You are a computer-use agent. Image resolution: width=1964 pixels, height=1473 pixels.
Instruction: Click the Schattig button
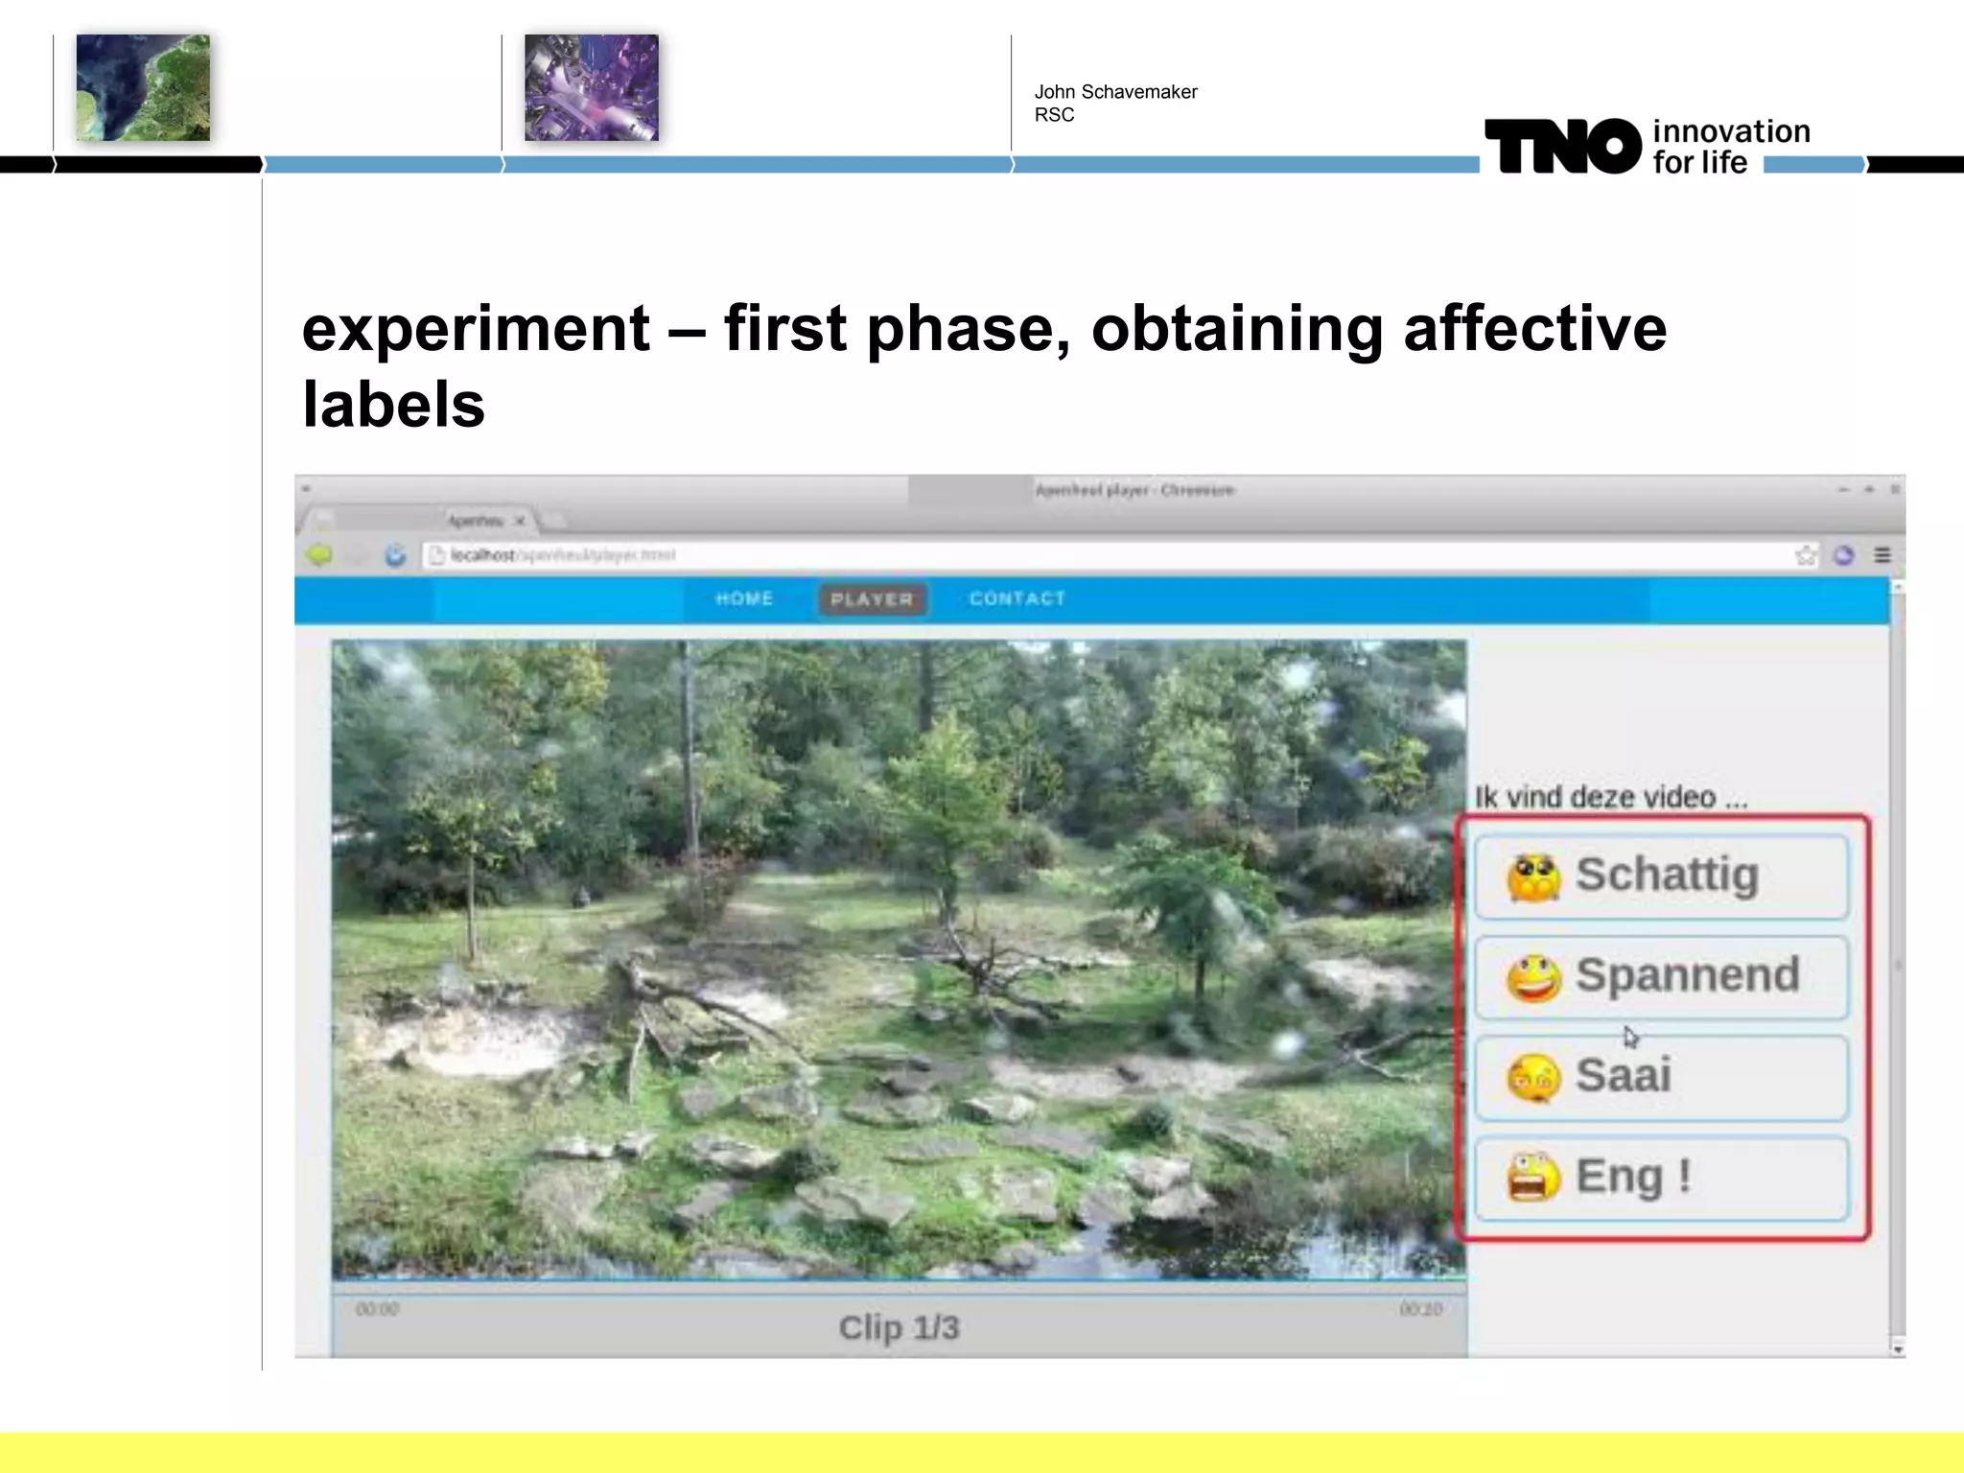click(x=1661, y=877)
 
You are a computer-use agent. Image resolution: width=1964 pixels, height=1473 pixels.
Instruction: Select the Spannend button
click(x=1661, y=976)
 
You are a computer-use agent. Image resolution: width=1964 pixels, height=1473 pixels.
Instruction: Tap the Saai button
click(x=1661, y=1076)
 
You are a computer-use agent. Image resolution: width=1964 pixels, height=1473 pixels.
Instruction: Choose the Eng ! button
click(x=1661, y=1177)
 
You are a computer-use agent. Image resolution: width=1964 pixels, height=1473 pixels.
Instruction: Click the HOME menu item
click(x=744, y=599)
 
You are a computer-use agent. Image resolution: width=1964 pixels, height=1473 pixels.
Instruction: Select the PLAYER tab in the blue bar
click(x=872, y=599)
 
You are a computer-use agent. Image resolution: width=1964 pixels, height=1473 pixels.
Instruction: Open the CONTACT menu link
click(x=1017, y=599)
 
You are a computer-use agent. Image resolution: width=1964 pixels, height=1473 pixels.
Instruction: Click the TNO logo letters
click(x=1563, y=147)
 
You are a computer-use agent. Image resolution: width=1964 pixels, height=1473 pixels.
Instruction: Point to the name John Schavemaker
click(x=1115, y=92)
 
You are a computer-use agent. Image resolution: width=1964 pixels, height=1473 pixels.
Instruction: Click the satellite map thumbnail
click(x=143, y=88)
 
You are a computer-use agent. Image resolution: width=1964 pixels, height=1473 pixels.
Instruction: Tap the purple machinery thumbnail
click(x=591, y=88)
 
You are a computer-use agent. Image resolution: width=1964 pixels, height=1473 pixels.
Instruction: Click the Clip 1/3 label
click(x=899, y=1328)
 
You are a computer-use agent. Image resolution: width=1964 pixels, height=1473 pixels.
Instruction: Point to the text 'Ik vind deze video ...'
click(x=1610, y=797)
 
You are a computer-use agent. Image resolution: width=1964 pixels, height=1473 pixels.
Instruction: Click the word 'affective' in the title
click(x=1534, y=329)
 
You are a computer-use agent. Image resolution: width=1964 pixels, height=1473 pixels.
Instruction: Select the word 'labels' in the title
click(x=393, y=405)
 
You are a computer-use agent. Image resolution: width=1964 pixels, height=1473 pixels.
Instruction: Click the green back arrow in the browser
click(x=319, y=555)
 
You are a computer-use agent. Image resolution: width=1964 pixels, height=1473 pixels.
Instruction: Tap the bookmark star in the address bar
click(x=1806, y=555)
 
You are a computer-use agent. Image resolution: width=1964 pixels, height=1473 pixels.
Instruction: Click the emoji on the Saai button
click(x=1533, y=1078)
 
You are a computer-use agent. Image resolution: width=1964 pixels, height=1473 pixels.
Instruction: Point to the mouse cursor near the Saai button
click(x=1630, y=1037)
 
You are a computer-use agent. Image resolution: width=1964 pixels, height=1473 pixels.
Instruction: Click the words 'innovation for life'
click(x=1730, y=147)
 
